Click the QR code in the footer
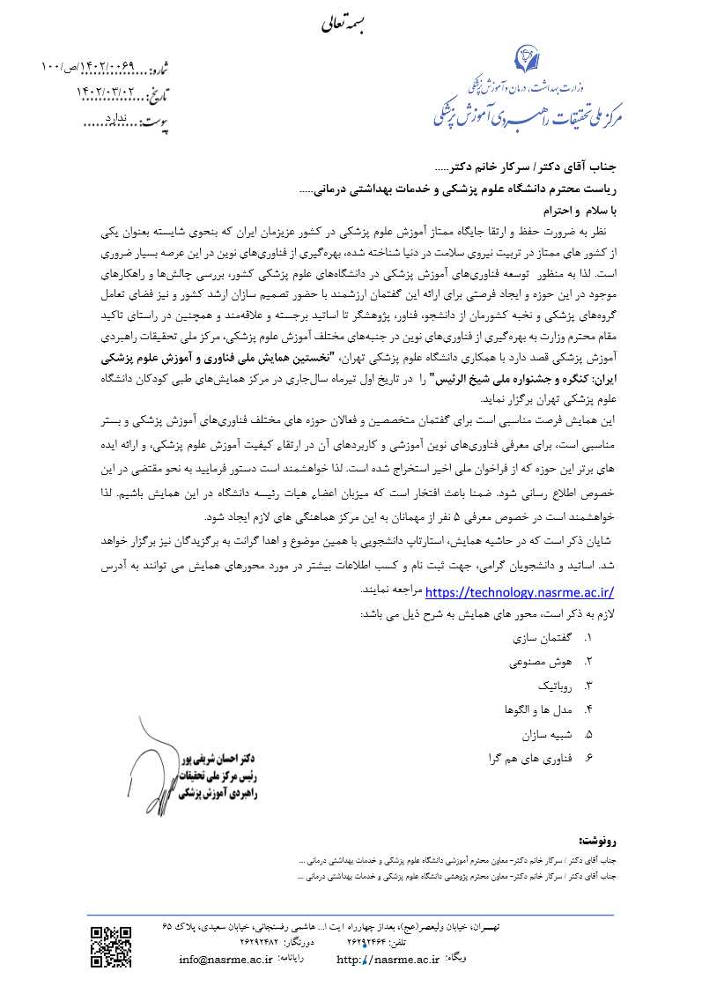[x=111, y=944]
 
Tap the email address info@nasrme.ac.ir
[x=225, y=960]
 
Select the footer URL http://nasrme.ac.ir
[x=388, y=960]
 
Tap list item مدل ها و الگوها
[x=536, y=708]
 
